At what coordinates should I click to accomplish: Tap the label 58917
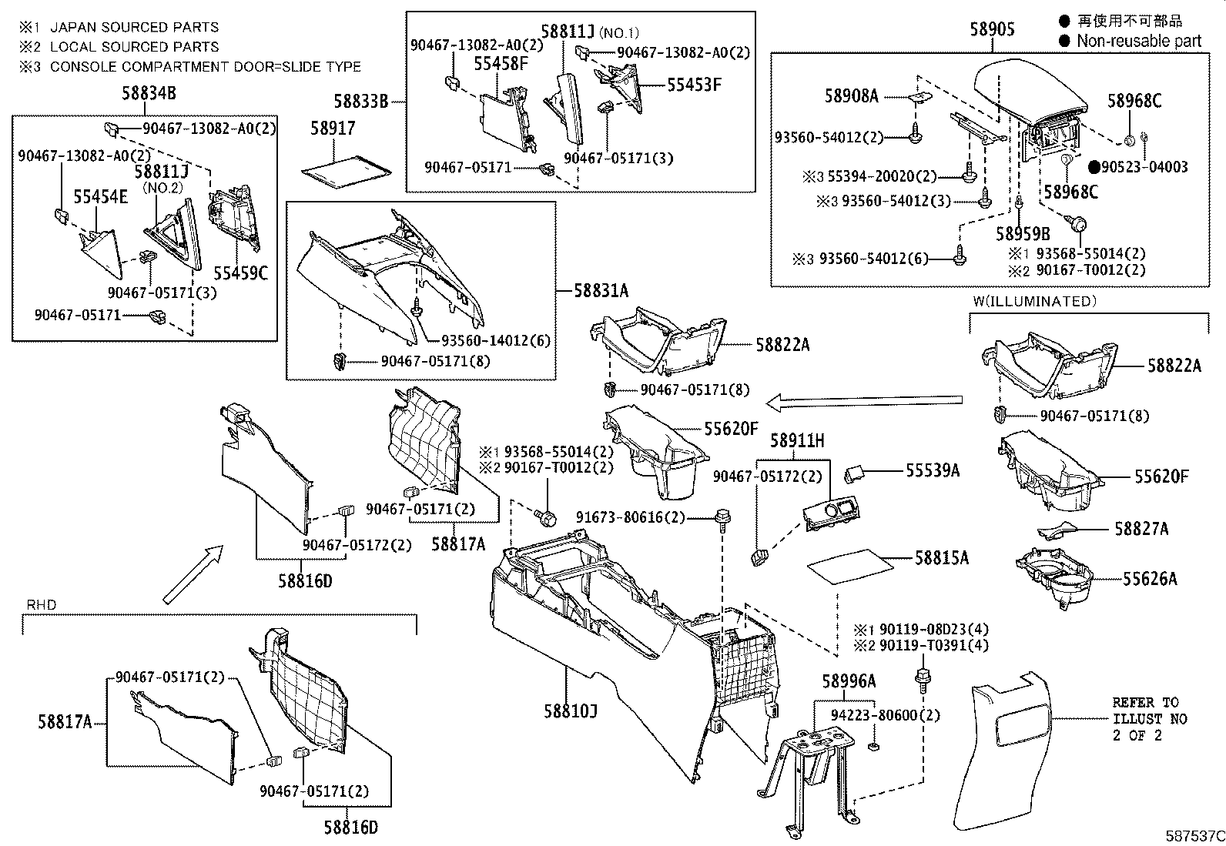point(333,128)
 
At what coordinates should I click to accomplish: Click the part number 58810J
point(570,711)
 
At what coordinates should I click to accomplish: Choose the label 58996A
point(849,680)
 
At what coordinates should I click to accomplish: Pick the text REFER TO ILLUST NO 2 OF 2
point(1149,718)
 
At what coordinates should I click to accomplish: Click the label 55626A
point(1149,579)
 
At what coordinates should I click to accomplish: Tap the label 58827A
point(1141,529)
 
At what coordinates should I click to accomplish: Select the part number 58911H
point(797,440)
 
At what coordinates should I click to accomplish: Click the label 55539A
point(932,470)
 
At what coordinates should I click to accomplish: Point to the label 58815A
point(941,558)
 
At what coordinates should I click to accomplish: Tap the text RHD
point(42,605)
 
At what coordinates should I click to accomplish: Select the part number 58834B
point(149,94)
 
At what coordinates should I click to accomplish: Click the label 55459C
point(240,273)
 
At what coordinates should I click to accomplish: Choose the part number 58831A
point(601,291)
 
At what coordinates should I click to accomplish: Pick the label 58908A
point(851,96)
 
